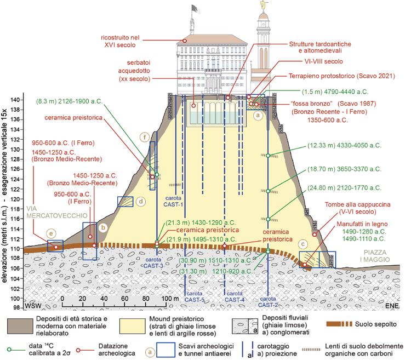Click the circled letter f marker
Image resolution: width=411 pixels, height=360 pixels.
coord(145,137)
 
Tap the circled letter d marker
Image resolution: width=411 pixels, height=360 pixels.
coord(141,202)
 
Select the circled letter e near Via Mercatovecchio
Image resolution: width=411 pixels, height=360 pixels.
coord(51,233)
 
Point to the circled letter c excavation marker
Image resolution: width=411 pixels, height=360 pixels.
coord(303,243)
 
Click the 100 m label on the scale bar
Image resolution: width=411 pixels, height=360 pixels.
coord(167,298)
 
